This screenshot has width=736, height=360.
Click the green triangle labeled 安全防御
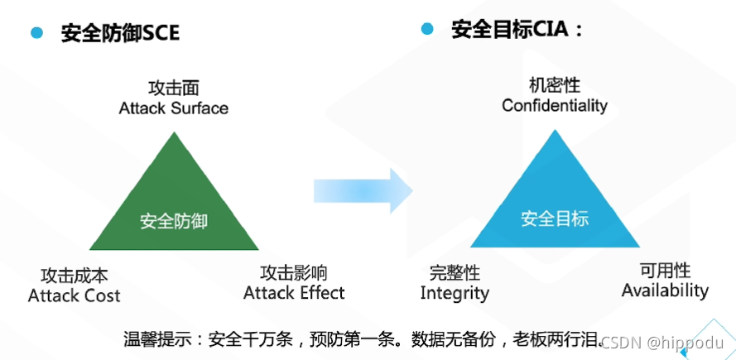click(x=173, y=207)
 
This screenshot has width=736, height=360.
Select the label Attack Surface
click(x=173, y=108)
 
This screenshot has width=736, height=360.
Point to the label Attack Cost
click(x=74, y=295)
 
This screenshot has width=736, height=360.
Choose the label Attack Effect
click(x=294, y=292)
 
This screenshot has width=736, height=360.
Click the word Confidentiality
click(x=554, y=106)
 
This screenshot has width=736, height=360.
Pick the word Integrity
click(x=455, y=293)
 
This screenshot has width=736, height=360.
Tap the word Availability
click(x=665, y=290)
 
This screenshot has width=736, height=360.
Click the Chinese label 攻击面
click(x=173, y=89)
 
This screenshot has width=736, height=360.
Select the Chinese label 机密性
click(x=554, y=85)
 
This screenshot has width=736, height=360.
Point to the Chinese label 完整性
click(x=455, y=273)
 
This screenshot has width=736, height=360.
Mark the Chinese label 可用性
click(x=665, y=271)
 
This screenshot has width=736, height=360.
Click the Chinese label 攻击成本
click(x=74, y=276)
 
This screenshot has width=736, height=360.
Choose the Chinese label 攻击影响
click(x=294, y=272)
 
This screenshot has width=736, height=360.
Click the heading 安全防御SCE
click(x=120, y=33)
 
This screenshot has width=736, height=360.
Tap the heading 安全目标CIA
click(x=517, y=31)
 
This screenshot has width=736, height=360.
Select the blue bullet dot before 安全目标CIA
click(x=427, y=30)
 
